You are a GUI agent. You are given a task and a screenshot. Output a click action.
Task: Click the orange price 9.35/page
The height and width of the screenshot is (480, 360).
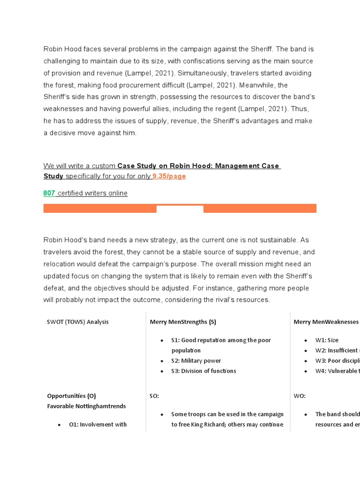tap(169, 176)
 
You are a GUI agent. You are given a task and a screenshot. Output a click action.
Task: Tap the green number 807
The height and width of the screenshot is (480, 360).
tap(49, 193)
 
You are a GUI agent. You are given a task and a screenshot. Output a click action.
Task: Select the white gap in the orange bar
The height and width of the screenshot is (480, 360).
tap(180, 209)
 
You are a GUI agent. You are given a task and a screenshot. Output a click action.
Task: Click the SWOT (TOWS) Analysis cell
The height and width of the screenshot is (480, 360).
tap(78, 322)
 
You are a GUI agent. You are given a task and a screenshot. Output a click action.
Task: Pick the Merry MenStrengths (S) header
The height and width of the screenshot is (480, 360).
tap(183, 322)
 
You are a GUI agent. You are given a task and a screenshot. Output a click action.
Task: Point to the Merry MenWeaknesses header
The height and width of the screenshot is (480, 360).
tap(326, 322)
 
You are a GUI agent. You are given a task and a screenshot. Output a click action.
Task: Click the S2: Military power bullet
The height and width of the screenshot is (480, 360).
tap(196, 360)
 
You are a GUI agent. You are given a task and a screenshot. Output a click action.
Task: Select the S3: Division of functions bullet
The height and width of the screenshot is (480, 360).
tap(203, 371)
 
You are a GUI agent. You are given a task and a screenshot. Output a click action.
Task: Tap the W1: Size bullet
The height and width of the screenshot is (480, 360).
tap(327, 340)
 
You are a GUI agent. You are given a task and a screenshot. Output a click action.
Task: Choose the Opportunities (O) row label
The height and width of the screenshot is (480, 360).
tap(71, 396)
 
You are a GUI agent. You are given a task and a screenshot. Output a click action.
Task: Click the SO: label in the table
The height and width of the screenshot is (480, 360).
tap(154, 396)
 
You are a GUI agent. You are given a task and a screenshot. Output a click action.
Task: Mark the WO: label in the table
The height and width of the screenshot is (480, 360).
tap(300, 396)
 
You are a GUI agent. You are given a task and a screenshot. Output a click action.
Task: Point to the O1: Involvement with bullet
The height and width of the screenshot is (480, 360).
tap(97, 424)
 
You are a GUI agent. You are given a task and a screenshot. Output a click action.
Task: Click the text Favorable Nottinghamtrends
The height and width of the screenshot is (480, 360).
tap(86, 406)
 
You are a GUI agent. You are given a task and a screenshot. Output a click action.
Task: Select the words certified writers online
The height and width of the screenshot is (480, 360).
tap(92, 193)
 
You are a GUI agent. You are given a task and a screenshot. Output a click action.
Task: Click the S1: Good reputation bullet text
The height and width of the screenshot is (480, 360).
tap(221, 340)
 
